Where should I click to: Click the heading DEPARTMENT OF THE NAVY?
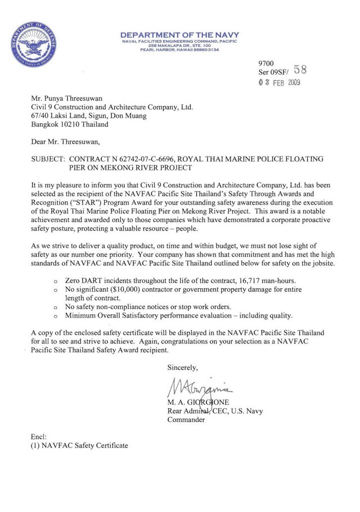[180, 35]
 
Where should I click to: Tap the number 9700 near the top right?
[266, 64]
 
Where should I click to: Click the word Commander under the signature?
[186, 420]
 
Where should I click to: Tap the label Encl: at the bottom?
[39, 436]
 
